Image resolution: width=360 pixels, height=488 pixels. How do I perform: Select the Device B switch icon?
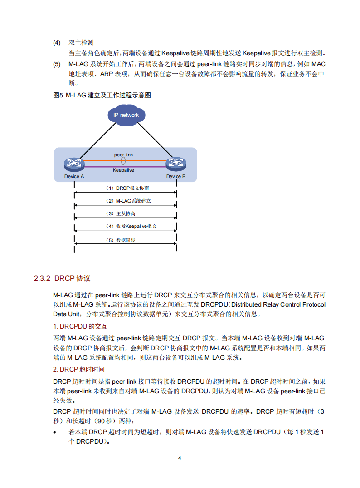click(x=176, y=164)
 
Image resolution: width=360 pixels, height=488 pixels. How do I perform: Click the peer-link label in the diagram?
click(x=123, y=155)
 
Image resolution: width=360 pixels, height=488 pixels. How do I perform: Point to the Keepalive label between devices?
click(x=123, y=170)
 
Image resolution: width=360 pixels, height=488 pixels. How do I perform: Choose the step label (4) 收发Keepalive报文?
click(x=131, y=226)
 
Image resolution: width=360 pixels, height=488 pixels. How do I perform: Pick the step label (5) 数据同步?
click(x=121, y=240)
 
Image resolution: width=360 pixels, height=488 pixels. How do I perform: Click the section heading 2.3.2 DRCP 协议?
click(x=62, y=278)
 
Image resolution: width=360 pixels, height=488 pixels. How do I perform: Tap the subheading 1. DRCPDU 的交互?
click(x=80, y=326)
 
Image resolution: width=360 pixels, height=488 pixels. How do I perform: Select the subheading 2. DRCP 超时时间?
click(x=79, y=369)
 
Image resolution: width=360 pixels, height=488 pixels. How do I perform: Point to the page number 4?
click(x=180, y=458)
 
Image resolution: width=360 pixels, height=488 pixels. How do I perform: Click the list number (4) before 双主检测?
click(x=57, y=43)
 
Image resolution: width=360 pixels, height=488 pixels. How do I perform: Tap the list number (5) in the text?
click(x=57, y=64)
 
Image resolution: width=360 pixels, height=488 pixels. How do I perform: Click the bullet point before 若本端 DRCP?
click(x=55, y=432)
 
